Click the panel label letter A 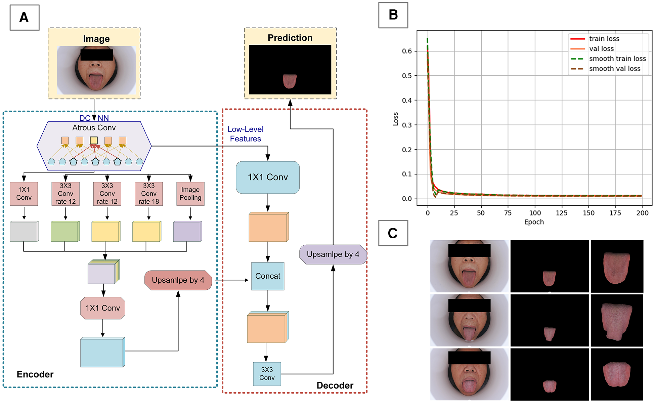pyautogui.click(x=24, y=17)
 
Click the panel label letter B pyautogui.click(x=393, y=15)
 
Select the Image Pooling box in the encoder pyautogui.click(x=190, y=194)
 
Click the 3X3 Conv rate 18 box pyautogui.click(x=148, y=194)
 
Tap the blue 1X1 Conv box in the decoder pyautogui.click(x=268, y=177)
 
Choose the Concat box pyautogui.click(x=268, y=276)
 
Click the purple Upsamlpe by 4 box pyautogui.click(x=333, y=254)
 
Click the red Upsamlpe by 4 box pyautogui.click(x=178, y=280)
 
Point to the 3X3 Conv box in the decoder pyautogui.click(x=267, y=374)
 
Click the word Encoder pyautogui.click(x=35, y=374)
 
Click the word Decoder pyautogui.click(x=335, y=386)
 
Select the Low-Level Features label pyautogui.click(x=246, y=134)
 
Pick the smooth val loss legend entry pyautogui.click(x=614, y=69)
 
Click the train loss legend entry pyautogui.click(x=604, y=39)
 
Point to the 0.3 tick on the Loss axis pyautogui.click(x=407, y=125)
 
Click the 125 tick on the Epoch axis pyautogui.click(x=561, y=213)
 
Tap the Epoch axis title pyautogui.click(x=534, y=222)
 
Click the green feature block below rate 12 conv pyautogui.click(x=65, y=232)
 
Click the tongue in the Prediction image pyautogui.click(x=290, y=81)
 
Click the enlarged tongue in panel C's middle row pyautogui.click(x=616, y=321)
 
